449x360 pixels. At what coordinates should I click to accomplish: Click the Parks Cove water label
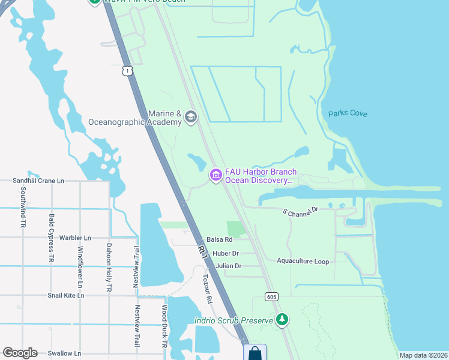point(348,113)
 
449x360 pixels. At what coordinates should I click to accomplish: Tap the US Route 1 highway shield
point(126,71)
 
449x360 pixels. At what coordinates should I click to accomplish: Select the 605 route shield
point(272,296)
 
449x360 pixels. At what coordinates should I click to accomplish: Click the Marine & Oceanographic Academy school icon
point(191,116)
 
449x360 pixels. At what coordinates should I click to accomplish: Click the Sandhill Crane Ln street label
point(38,181)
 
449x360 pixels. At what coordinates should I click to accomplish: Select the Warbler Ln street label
point(76,238)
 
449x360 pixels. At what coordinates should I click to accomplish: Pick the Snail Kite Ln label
point(66,295)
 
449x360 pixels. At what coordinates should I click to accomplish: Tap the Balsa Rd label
point(219,239)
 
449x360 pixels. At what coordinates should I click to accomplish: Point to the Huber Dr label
point(226,253)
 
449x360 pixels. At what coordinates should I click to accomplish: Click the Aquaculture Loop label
point(303,261)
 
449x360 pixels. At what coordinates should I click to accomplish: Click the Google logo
point(20,353)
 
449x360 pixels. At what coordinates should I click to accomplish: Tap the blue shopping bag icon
point(255,353)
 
